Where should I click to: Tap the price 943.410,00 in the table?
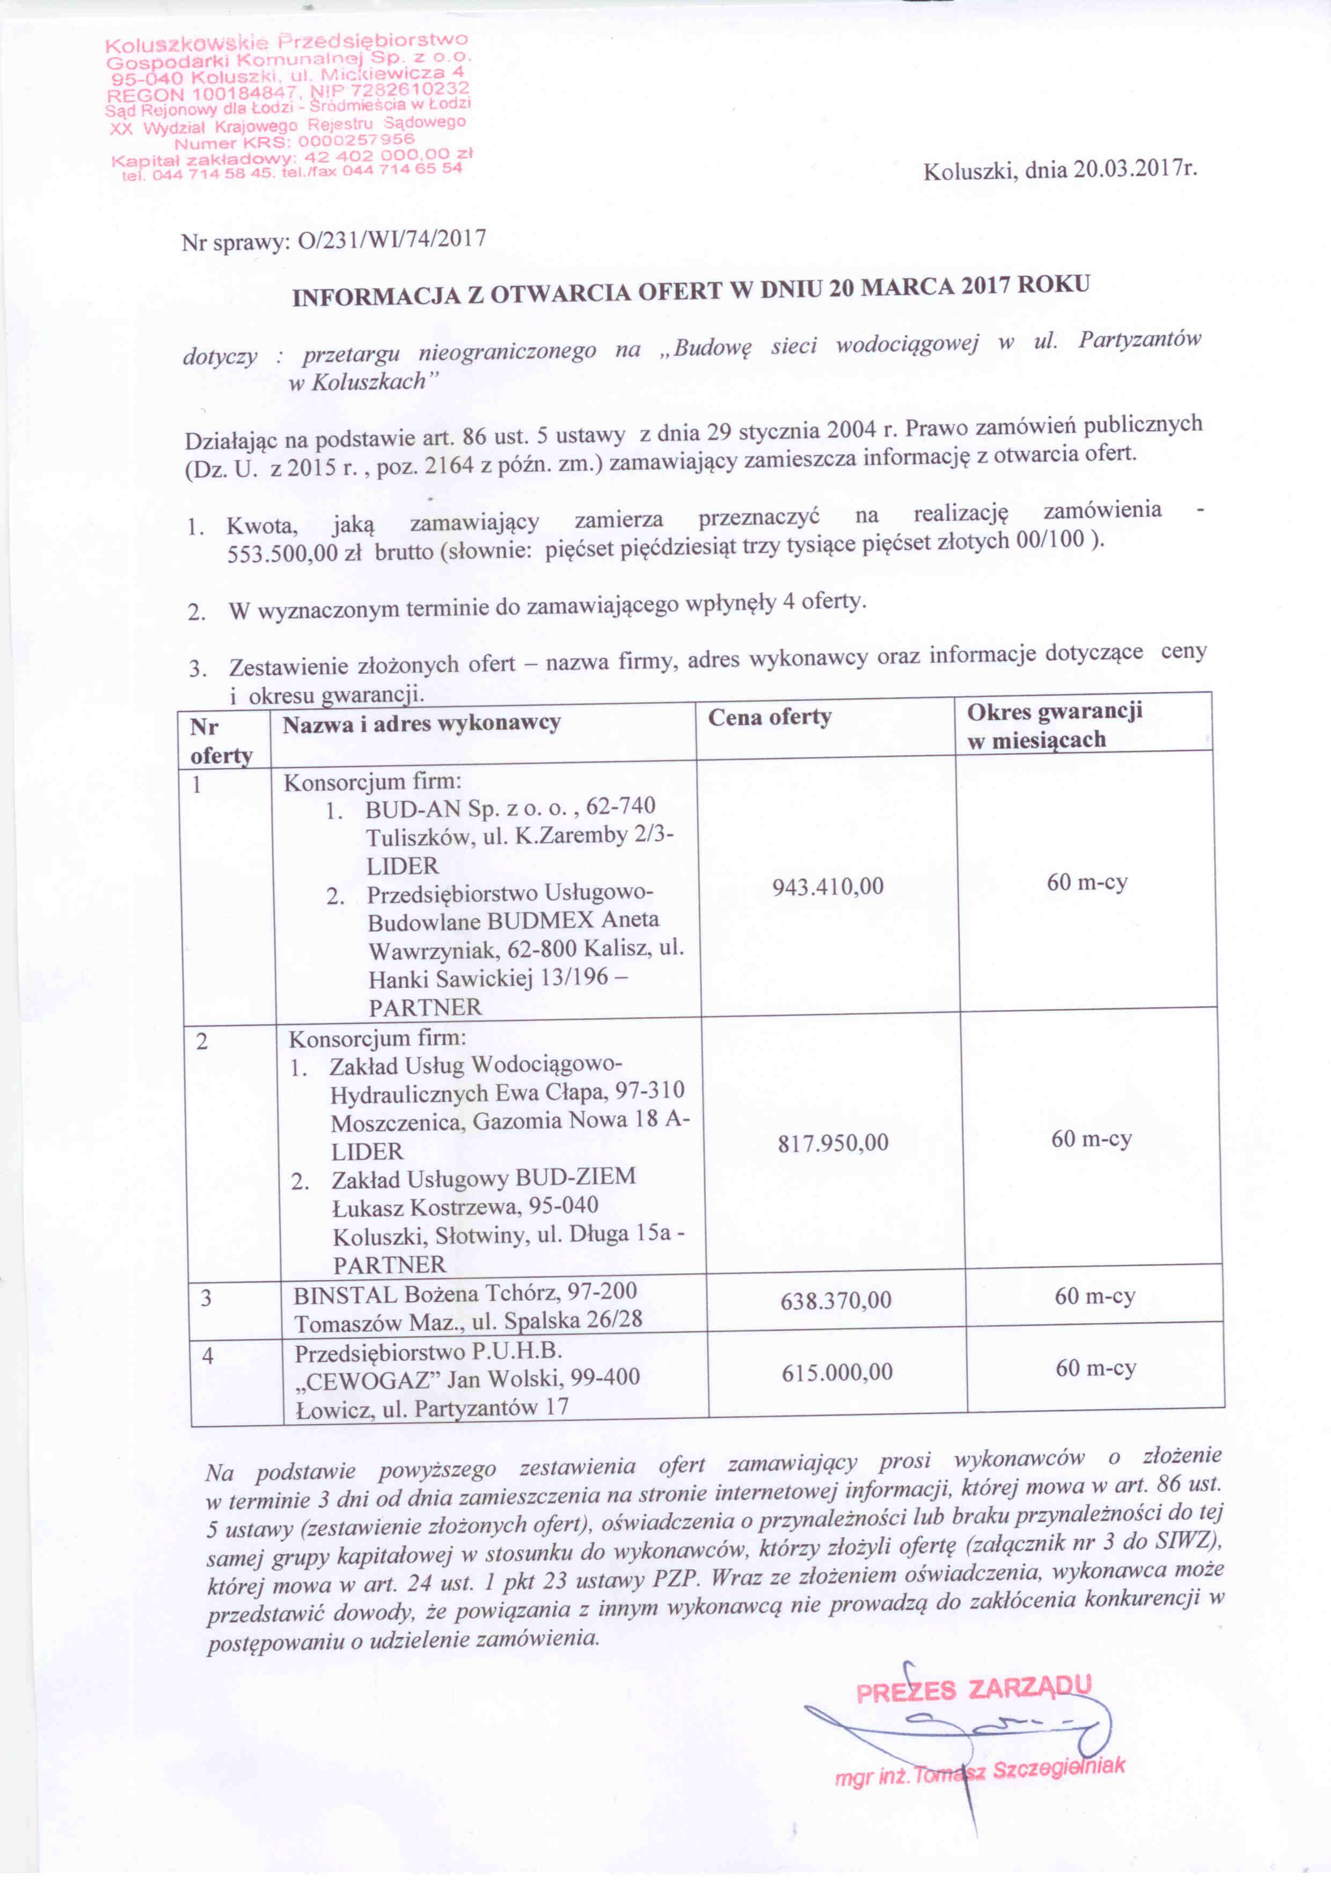coord(828,886)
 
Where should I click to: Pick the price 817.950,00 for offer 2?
coord(833,1143)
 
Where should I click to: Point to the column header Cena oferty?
coord(770,717)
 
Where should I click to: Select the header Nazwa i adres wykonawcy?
coord(421,723)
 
